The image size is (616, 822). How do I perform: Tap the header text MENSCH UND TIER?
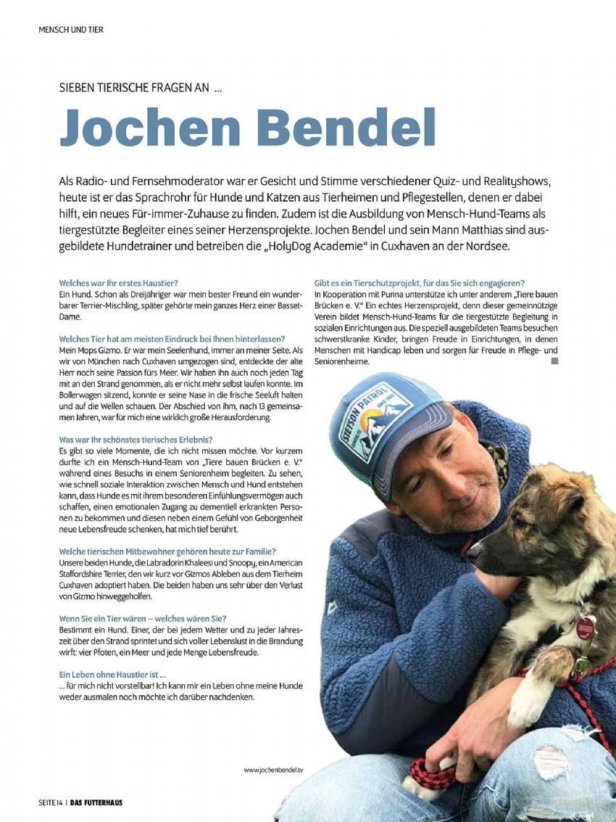pyautogui.click(x=71, y=30)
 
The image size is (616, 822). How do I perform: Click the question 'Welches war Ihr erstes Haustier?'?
pyautogui.click(x=119, y=282)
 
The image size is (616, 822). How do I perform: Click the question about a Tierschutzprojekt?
pyautogui.click(x=420, y=282)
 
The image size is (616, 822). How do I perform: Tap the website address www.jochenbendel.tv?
pyautogui.click(x=273, y=769)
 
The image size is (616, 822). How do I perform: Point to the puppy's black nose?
pyautogui.click(x=473, y=553)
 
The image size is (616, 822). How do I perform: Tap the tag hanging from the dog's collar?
pyautogui.click(x=585, y=628)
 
